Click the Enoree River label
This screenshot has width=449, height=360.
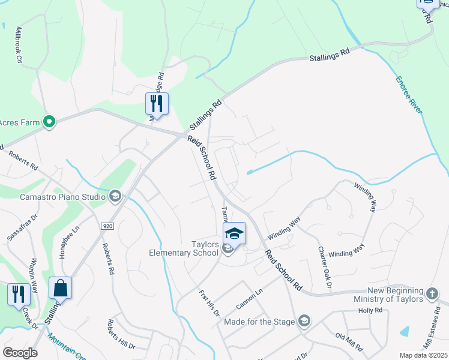(409, 95)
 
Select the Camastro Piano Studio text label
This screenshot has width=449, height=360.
(63, 196)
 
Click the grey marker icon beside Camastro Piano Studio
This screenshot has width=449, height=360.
(115, 196)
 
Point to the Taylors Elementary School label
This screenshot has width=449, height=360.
(184, 248)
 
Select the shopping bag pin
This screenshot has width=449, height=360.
(60, 288)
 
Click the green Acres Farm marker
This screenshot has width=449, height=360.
(49, 122)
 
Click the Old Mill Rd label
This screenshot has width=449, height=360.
(349, 341)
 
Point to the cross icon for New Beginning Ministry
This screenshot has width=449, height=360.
(432, 294)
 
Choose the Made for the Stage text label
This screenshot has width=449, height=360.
(259, 322)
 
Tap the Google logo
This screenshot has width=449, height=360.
(20, 353)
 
